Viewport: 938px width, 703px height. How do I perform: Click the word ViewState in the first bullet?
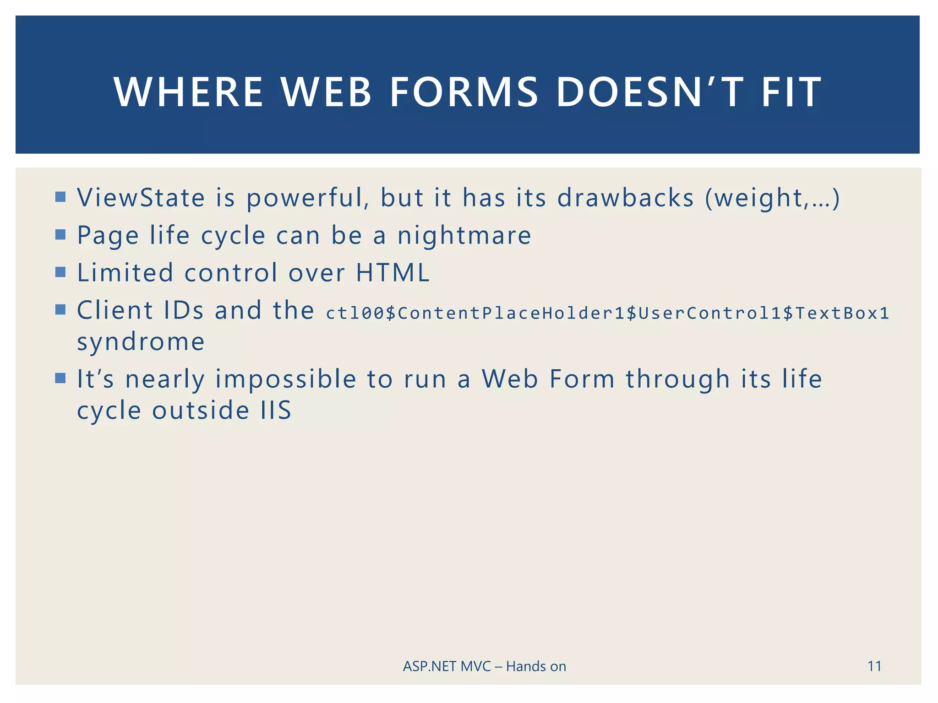[x=141, y=198]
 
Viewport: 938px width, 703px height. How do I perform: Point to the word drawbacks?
[x=625, y=198]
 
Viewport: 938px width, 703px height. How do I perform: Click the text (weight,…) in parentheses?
[x=772, y=198]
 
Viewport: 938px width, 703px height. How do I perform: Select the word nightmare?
[x=464, y=236]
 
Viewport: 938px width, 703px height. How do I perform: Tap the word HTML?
[x=393, y=273]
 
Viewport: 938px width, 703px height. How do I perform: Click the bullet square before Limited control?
[x=60, y=272]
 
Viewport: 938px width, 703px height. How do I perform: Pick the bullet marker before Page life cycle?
[x=60, y=235]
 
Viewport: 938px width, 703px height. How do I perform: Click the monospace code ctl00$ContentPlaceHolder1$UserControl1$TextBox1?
[x=607, y=313]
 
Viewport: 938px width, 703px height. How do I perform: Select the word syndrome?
[x=141, y=342]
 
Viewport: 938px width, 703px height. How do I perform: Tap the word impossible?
[x=286, y=379]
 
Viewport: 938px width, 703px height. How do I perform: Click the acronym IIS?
[x=276, y=410]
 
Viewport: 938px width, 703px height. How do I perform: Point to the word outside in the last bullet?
[x=201, y=410]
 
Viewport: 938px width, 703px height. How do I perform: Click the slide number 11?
[x=874, y=666]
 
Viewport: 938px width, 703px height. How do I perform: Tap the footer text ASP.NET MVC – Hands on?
[x=484, y=666]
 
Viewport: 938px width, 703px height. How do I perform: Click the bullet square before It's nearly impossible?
[x=60, y=379]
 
